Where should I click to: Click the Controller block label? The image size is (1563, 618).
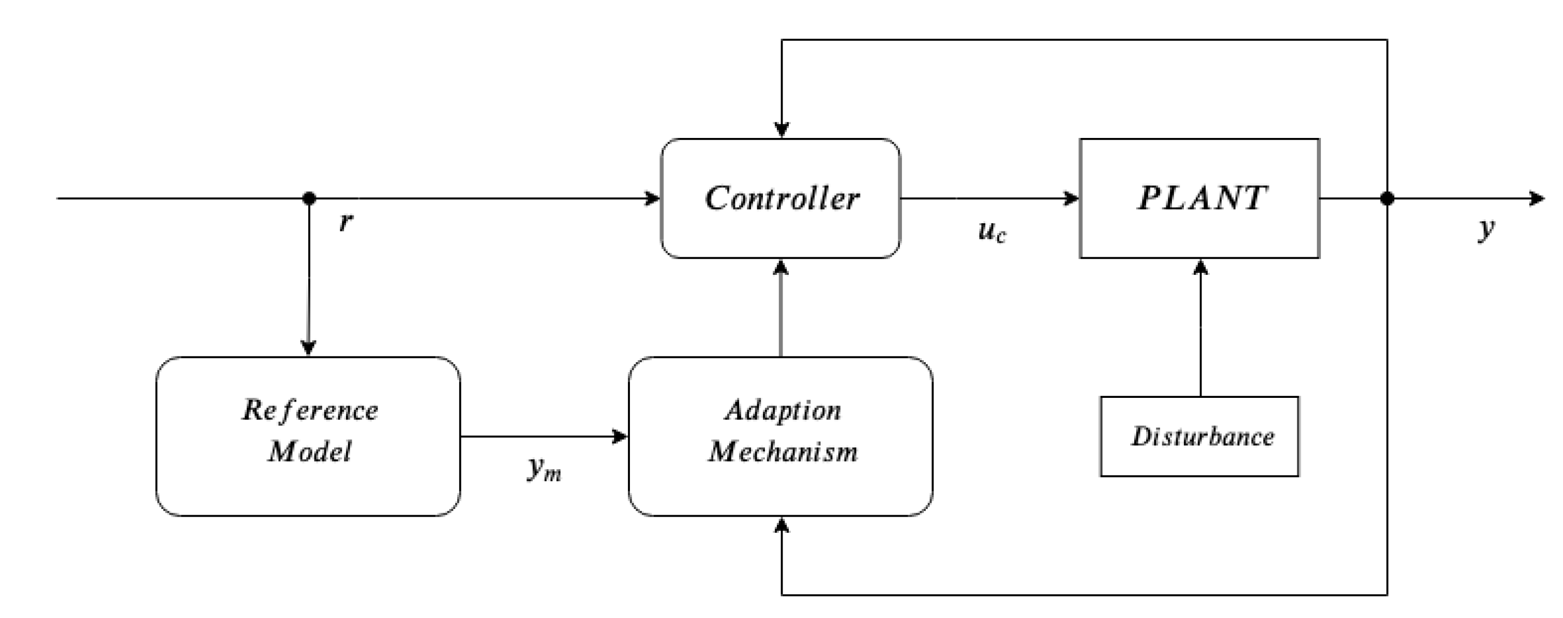coord(782,199)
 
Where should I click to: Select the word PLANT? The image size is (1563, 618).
coord(1201,198)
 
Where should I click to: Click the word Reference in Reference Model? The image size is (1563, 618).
coord(310,411)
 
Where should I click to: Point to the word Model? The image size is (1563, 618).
coord(310,452)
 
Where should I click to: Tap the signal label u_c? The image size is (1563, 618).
coord(991,231)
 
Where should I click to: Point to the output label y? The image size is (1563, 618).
coord(1486,228)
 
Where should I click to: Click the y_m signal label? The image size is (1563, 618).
coord(544,468)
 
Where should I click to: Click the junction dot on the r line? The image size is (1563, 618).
coord(309,198)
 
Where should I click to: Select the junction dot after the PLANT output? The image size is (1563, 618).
coord(1387,198)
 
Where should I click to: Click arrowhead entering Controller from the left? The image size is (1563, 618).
coord(653,198)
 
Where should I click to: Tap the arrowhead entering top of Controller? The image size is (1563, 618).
coord(782,130)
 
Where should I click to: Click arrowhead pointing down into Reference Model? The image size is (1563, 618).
coord(309,348)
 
